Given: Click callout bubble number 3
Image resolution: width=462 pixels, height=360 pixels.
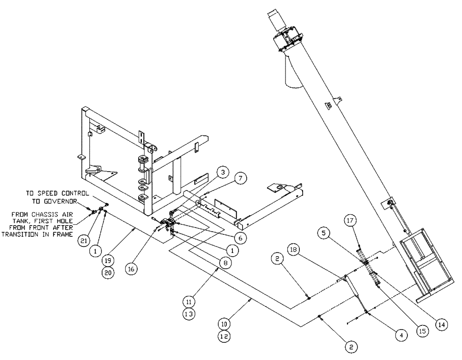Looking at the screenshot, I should pos(223,172).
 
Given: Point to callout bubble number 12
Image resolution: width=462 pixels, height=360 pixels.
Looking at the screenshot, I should pos(224,336).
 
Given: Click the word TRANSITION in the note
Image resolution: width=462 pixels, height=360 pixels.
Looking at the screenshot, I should pos(20,234).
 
